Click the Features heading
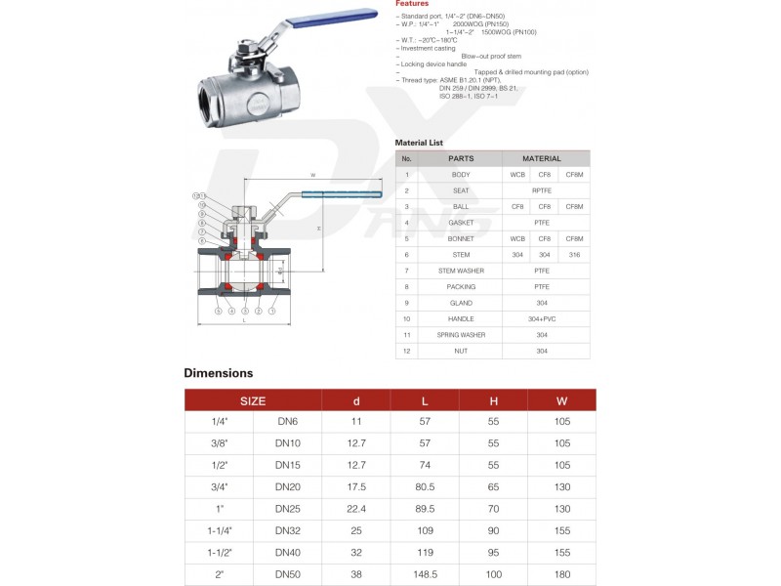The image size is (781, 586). coord(411,4)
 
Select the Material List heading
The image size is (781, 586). coord(419,143)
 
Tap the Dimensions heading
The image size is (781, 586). coord(219,373)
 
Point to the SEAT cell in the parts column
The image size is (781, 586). coord(461,190)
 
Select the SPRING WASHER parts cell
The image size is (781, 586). coord(461,335)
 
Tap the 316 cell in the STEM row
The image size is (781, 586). coord(574,255)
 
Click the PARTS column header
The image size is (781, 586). coord(461,158)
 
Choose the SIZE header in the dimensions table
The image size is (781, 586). coord(253,400)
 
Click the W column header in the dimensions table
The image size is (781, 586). coord(561,400)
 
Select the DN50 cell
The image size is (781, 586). coord(287,576)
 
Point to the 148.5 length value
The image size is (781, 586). coord(425,576)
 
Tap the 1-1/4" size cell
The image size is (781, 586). coord(219,531)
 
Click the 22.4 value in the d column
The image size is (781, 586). coord(356,509)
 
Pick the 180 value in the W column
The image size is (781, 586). coord(561,576)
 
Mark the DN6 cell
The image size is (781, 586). coord(287,421)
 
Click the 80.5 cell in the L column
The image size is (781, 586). coord(425,486)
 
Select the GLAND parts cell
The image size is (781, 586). coord(461,303)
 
